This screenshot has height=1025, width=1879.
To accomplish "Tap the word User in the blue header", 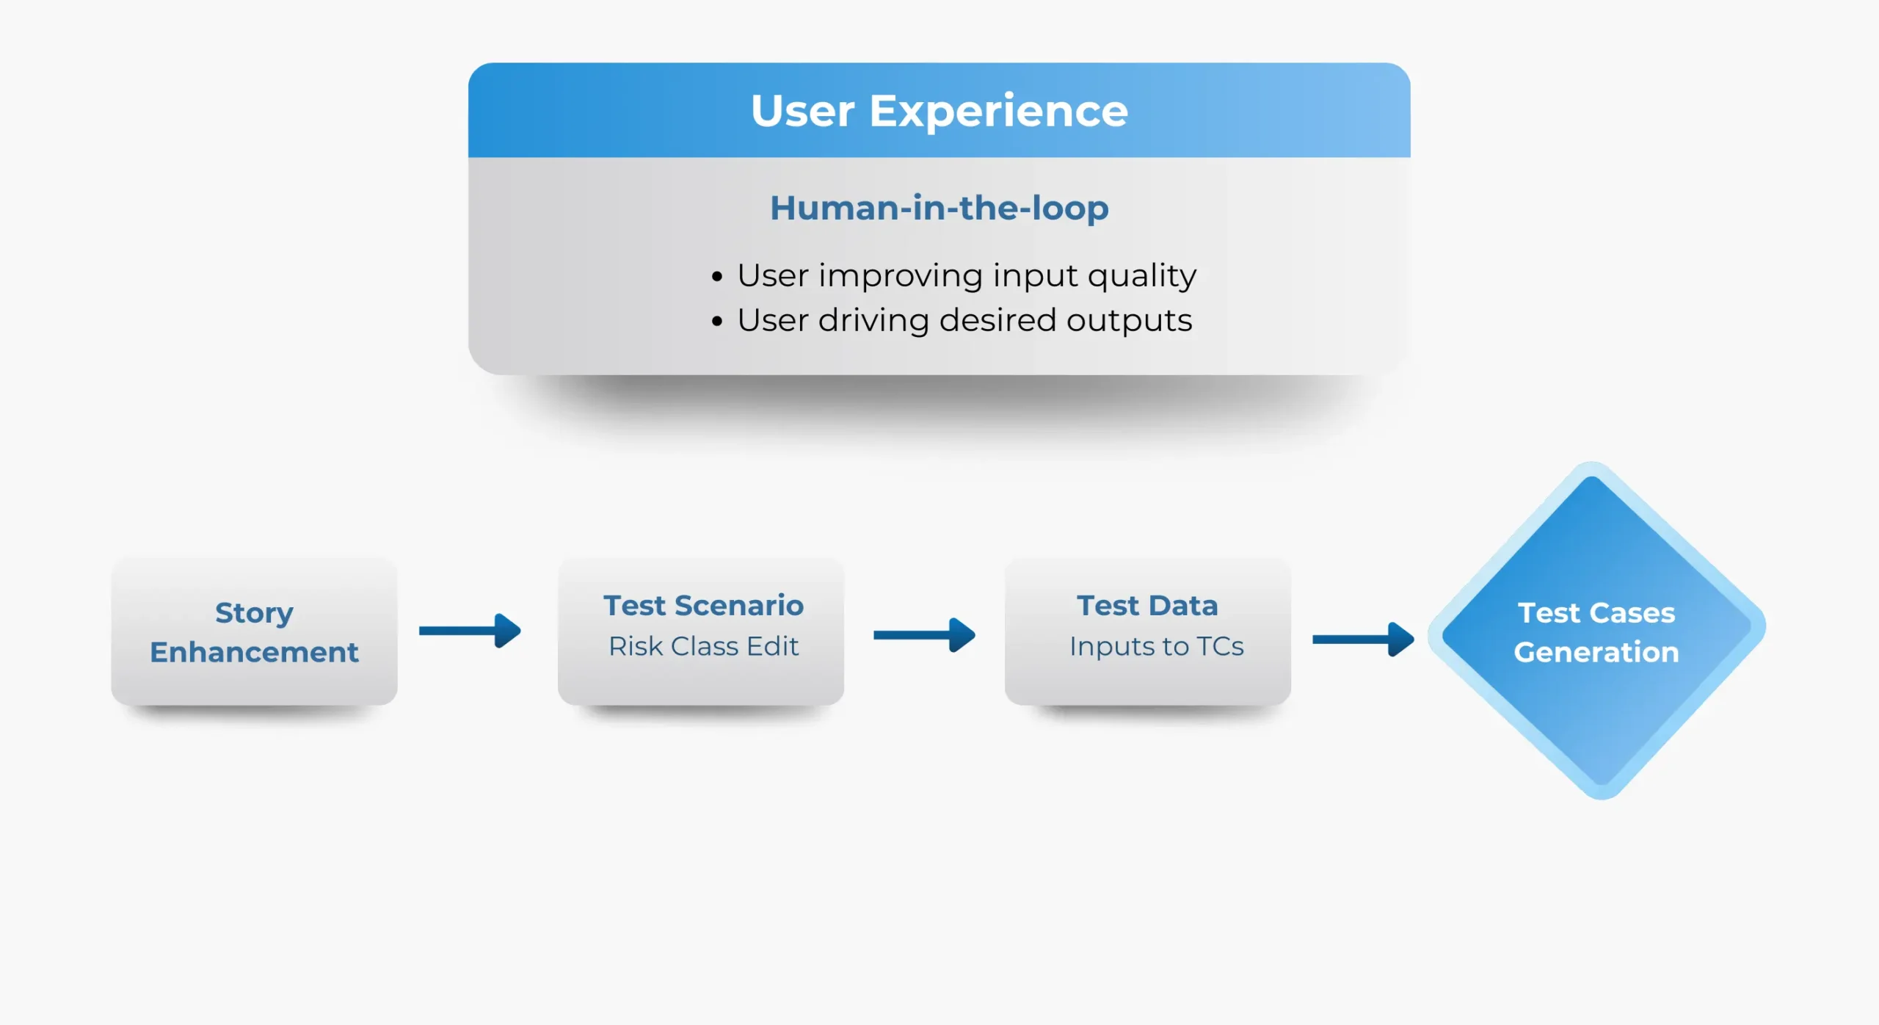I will tap(802, 112).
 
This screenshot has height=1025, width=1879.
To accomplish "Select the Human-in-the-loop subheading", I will tap(939, 208).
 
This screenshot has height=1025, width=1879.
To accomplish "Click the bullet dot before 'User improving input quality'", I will tap(717, 277).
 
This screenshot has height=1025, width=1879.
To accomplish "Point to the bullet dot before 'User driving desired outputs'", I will tap(717, 321).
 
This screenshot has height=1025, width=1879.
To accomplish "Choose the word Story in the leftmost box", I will tap(254, 612).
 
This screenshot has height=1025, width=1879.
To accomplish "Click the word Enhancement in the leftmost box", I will tap(254, 652).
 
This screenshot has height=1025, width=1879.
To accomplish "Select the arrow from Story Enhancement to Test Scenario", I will tap(470, 631).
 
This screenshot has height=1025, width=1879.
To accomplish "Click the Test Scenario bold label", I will tap(703, 606).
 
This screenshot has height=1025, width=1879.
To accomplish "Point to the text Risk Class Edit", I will tap(703, 646).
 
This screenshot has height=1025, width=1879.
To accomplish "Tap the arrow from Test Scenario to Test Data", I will tap(924, 634).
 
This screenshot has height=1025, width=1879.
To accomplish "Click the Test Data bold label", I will tap(1147, 606).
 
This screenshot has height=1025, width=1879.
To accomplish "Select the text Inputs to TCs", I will tap(1156, 646).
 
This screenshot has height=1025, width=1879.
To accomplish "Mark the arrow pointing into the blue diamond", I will tap(1363, 639).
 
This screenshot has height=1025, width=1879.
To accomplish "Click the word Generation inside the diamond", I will tap(1596, 652).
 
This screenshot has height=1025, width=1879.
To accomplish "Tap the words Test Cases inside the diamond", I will tap(1596, 612).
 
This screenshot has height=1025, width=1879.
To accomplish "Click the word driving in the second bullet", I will tap(873, 321).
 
